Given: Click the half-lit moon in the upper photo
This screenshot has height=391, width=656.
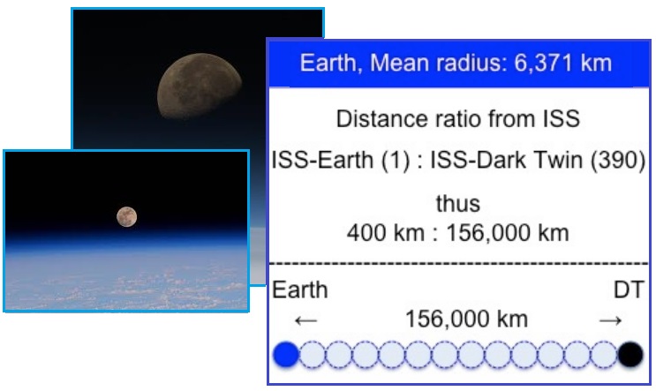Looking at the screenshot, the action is pyautogui.click(x=200, y=86).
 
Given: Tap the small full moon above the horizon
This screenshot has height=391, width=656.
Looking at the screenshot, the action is pyautogui.click(x=127, y=217).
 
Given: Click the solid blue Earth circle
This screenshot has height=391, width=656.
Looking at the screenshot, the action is pyautogui.click(x=286, y=354).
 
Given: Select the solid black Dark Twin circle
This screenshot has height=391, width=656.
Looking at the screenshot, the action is pyautogui.click(x=630, y=354).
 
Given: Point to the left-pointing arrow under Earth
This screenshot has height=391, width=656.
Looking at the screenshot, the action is pyautogui.click(x=305, y=320).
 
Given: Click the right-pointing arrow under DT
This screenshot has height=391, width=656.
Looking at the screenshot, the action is pyautogui.click(x=610, y=320).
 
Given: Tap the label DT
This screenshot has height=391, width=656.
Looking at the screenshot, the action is pyautogui.click(x=629, y=289).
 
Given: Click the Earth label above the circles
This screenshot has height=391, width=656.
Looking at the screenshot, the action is pyautogui.click(x=300, y=289).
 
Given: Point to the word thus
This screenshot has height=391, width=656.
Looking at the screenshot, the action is pyautogui.click(x=458, y=204).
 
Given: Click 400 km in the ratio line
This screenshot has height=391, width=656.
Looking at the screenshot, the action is pyautogui.click(x=385, y=233).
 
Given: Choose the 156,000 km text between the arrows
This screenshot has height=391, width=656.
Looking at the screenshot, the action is pyautogui.click(x=466, y=320).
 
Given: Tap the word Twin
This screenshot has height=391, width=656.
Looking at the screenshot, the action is pyautogui.click(x=561, y=160).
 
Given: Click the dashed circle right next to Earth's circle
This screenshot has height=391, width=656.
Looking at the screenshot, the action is pyautogui.click(x=313, y=354).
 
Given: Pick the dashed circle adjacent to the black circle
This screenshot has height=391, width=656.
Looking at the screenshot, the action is pyautogui.click(x=604, y=354).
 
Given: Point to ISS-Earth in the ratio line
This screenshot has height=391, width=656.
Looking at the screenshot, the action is pyautogui.click(x=322, y=160).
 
